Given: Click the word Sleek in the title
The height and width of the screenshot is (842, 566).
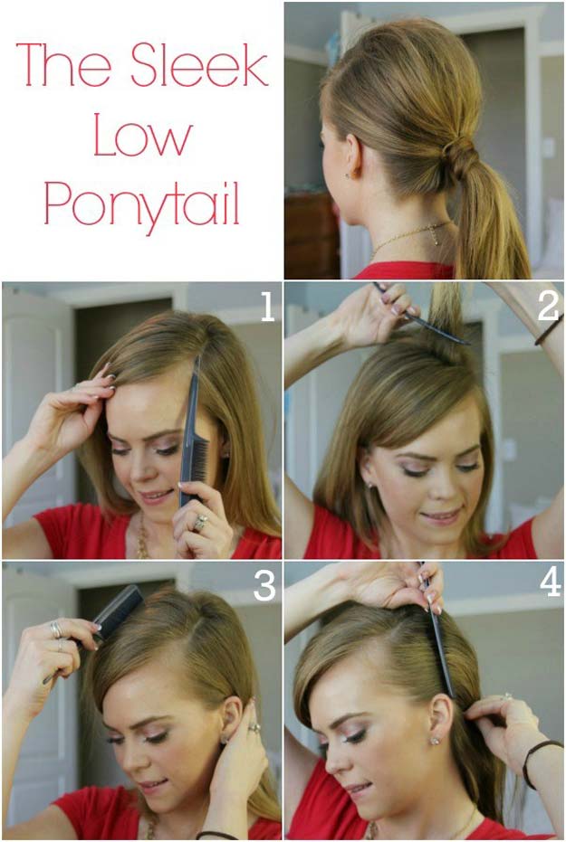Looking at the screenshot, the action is pyautogui.click(x=199, y=64).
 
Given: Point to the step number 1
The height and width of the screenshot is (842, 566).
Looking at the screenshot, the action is pyautogui.click(x=267, y=307).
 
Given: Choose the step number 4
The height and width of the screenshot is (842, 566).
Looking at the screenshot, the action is pyautogui.click(x=550, y=582).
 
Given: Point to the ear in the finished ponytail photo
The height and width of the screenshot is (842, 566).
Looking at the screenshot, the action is pyautogui.click(x=352, y=156).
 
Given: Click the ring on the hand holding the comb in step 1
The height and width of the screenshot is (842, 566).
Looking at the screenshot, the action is pyautogui.click(x=200, y=523).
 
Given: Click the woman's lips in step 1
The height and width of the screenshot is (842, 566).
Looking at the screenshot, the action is pyautogui.click(x=156, y=497).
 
